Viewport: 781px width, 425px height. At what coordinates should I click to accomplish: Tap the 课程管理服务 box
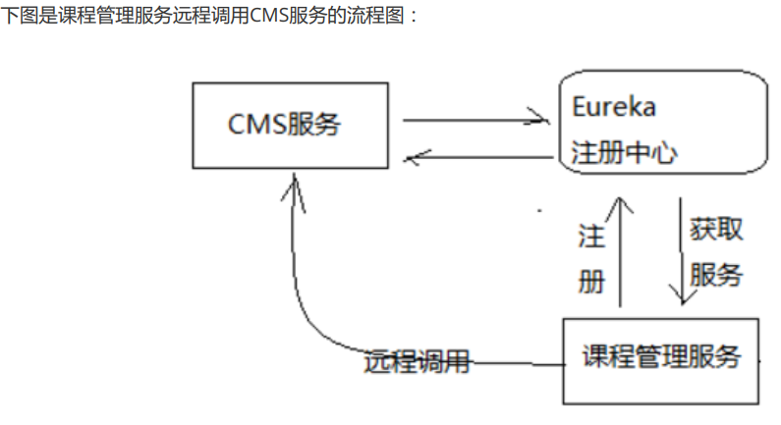[660, 359]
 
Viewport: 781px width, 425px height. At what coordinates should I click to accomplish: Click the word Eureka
[613, 106]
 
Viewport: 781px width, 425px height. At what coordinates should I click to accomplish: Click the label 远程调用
[417, 362]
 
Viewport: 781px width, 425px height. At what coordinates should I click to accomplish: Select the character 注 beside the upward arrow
[590, 237]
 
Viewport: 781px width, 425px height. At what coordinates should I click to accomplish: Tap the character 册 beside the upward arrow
[590, 282]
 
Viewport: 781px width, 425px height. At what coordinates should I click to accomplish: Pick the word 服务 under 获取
[716, 275]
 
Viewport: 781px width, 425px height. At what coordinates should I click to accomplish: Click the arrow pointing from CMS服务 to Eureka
[476, 120]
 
